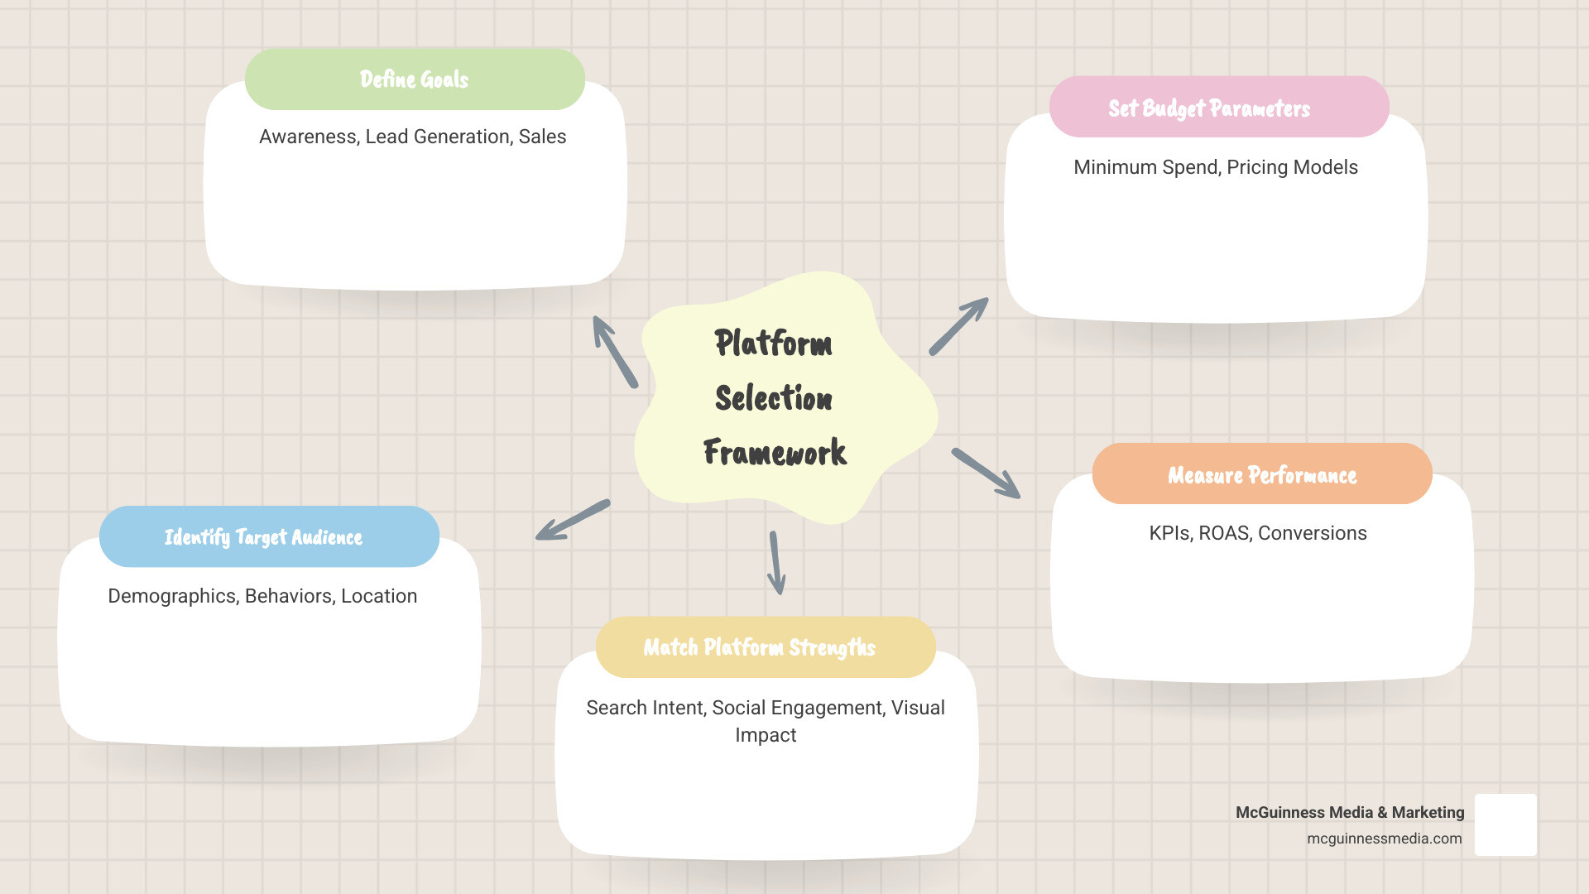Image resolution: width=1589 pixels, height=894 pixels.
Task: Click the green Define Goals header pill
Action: click(415, 79)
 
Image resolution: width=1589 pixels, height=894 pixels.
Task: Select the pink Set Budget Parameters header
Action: click(1218, 108)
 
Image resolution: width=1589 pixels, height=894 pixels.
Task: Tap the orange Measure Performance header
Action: click(1261, 474)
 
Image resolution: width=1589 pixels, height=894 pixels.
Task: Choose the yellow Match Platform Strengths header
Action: click(765, 647)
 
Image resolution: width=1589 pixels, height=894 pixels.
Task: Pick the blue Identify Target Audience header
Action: click(269, 537)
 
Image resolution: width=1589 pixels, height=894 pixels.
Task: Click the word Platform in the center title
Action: click(773, 344)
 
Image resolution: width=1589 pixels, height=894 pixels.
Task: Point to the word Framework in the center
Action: click(775, 453)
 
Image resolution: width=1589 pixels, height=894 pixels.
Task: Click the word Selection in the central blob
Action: click(774, 398)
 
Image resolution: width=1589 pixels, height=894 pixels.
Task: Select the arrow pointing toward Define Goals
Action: click(615, 352)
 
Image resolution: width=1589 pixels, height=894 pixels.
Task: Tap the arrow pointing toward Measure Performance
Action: click(986, 473)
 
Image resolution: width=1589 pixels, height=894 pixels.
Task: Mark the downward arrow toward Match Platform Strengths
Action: click(776, 563)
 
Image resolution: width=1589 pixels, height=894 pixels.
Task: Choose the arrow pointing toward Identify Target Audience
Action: click(573, 520)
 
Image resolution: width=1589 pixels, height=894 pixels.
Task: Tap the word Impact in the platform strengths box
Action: click(766, 735)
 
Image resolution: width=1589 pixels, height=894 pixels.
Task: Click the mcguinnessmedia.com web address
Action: click(1384, 839)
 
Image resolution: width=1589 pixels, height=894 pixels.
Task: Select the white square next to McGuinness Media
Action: click(1505, 824)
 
